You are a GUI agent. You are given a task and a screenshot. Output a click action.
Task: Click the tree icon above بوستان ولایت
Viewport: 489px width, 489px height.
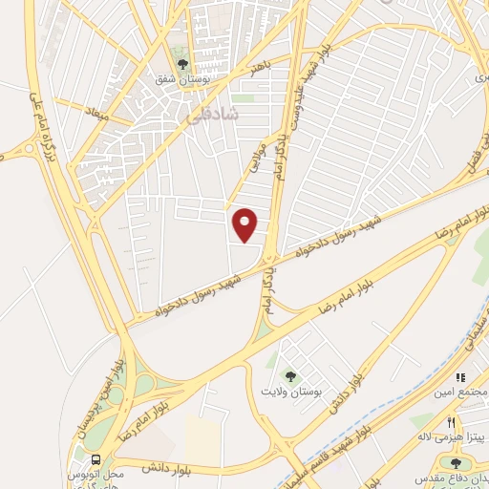pyautogui.click(x=287, y=375)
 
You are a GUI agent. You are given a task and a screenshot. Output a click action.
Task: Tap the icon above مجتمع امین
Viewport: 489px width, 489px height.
pyautogui.click(x=461, y=377)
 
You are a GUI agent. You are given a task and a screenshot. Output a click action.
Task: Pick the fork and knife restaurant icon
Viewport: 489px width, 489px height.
pyautogui.click(x=449, y=421)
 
